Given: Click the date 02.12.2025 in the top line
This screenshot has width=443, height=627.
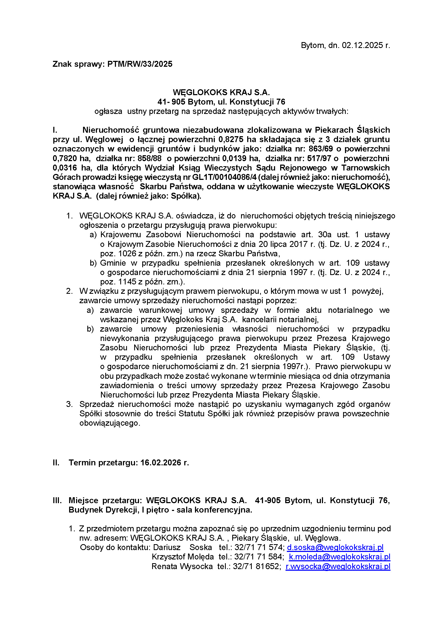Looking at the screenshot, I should coord(363,45).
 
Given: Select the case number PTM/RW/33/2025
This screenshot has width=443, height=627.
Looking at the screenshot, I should coord(140,64).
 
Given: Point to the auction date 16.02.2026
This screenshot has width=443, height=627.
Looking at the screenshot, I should coord(161,463).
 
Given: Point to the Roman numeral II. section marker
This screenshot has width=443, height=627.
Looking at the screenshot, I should coord(56,463).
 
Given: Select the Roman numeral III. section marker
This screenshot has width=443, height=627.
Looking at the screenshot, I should coord(57,500).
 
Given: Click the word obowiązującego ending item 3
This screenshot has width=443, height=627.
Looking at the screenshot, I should coord(109,423).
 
